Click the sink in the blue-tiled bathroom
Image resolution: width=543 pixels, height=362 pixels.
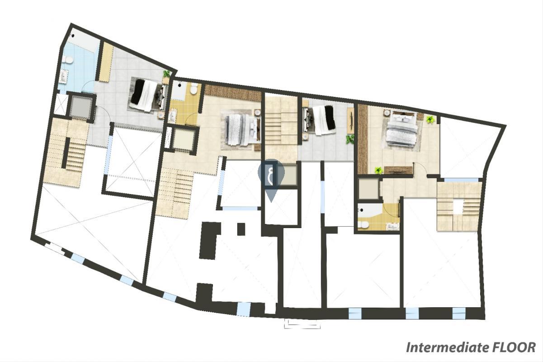[64, 76]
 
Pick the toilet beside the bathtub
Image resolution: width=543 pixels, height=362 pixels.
[363, 225]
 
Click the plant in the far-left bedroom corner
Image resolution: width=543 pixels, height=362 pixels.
[167, 73]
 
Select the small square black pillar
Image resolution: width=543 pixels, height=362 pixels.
[241, 229]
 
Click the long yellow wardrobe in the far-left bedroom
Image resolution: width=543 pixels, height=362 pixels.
[106, 62]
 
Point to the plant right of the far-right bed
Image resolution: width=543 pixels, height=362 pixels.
[430, 119]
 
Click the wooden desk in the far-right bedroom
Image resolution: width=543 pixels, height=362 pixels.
[398, 170]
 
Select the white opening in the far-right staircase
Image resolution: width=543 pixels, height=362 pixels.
[458, 206]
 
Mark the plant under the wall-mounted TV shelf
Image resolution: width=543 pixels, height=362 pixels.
[349, 139]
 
